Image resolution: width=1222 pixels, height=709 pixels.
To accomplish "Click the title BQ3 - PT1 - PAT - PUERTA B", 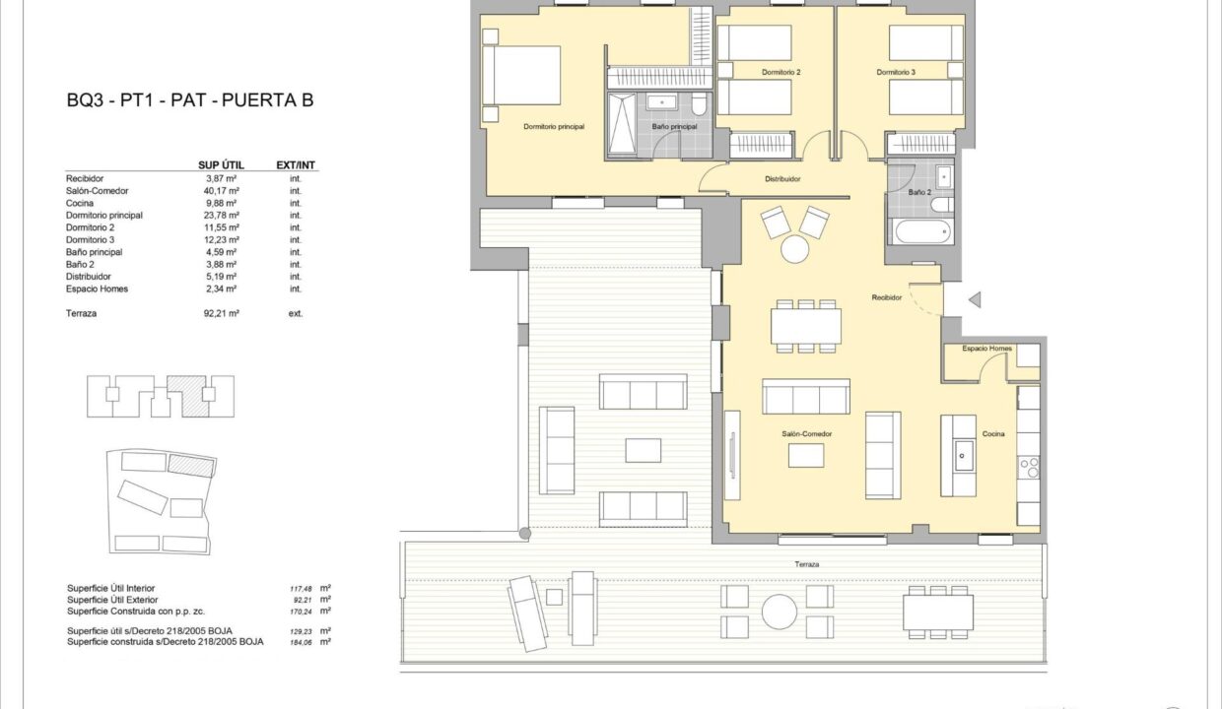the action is [190, 100].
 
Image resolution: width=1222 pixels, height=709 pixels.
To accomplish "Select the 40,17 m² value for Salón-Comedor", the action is [222, 191].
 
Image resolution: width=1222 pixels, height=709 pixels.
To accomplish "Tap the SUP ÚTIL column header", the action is [221, 165].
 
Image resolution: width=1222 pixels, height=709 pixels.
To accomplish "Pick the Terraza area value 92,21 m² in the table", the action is [222, 313].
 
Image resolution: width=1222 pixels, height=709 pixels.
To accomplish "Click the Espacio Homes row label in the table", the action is [98, 289].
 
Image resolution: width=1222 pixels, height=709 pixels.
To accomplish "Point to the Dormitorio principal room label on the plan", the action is [554, 126].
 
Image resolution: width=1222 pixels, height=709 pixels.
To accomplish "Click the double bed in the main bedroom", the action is [521, 75].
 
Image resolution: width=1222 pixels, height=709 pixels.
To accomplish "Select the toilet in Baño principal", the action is [699, 104].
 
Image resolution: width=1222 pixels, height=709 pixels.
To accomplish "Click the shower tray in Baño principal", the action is [622, 124].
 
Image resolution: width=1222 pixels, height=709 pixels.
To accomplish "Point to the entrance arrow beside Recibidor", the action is [975, 299].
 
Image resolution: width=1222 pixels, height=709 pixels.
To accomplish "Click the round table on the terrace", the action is [779, 612].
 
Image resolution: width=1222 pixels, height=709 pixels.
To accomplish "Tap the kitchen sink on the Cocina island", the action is [963, 456].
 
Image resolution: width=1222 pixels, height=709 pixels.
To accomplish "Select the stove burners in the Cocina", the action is [1029, 468].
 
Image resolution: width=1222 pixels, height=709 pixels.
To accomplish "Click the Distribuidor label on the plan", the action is [782, 179].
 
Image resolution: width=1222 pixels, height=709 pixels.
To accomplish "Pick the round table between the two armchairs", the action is [795, 249].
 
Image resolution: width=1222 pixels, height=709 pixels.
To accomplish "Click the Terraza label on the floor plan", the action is [807, 564].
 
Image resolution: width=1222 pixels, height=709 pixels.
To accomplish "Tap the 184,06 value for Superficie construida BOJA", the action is [301, 642].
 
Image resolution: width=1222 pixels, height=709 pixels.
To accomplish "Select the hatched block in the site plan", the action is [191, 466].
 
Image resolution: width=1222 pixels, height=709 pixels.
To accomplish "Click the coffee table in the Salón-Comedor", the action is [806, 456].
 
